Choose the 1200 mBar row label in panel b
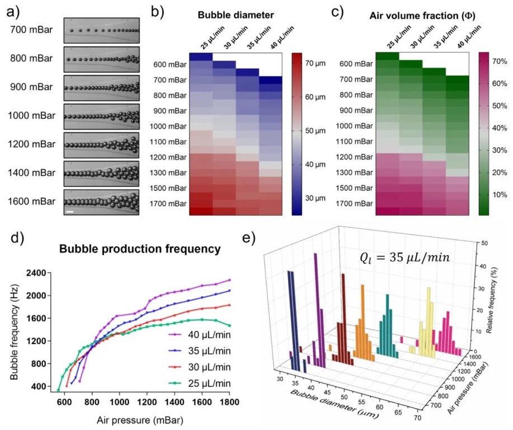169,157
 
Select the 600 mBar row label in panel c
356,64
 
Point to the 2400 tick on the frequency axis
37,273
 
